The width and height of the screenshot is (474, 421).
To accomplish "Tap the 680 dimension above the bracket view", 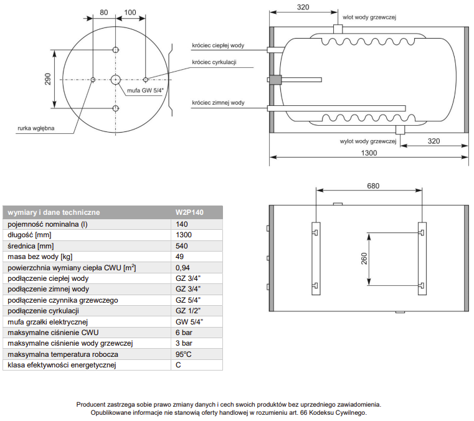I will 372,186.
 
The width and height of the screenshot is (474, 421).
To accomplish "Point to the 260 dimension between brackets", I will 363,258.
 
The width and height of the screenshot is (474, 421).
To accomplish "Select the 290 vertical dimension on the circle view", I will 48,80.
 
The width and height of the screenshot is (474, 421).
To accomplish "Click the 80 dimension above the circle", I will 103,12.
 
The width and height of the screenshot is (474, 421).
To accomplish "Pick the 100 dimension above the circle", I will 130,12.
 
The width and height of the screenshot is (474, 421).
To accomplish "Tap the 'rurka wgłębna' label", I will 36,129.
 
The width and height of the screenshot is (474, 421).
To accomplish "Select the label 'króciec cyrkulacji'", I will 214,62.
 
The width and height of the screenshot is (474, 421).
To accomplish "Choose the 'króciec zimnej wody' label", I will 218,102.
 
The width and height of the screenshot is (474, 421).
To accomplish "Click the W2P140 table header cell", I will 189,212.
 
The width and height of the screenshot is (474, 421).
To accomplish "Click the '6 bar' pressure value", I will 184,333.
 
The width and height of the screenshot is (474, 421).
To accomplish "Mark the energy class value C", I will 179,365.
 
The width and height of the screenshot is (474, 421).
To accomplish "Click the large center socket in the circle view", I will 116,80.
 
